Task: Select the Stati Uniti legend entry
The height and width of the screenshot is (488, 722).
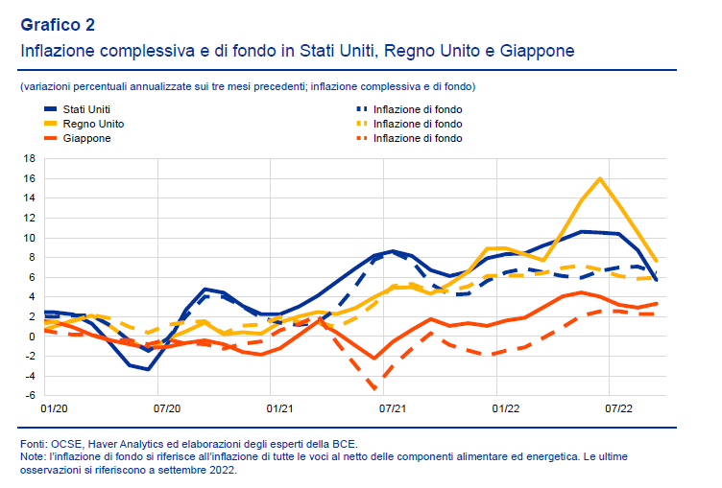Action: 86,109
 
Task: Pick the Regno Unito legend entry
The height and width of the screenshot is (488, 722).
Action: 92,124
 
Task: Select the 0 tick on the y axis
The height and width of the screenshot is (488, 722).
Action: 32,337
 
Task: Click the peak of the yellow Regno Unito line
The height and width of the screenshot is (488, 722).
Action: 600,178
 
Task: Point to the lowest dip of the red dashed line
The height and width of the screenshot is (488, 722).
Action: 374,388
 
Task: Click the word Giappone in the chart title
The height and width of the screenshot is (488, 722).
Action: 538,50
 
